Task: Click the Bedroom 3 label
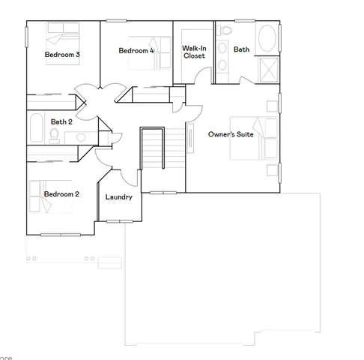click(x=62, y=55)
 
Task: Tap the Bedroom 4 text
click(x=136, y=51)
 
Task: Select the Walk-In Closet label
click(x=194, y=52)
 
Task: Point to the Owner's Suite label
click(x=231, y=134)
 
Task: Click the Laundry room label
click(x=119, y=197)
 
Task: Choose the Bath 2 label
click(x=61, y=121)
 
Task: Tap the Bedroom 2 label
click(x=61, y=194)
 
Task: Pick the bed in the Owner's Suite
click(x=251, y=136)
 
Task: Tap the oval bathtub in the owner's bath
click(x=267, y=39)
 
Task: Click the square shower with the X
click(x=267, y=68)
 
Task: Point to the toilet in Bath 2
click(x=54, y=135)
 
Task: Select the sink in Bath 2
click(x=80, y=136)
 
